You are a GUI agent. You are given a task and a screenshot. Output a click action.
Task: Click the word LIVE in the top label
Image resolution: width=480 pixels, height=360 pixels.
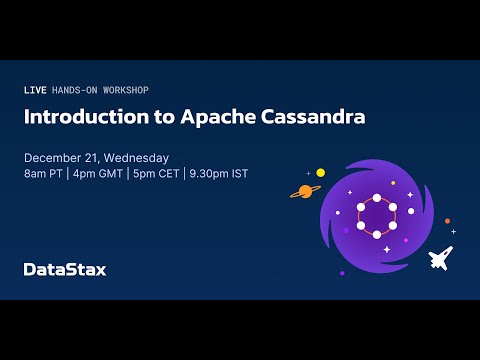coord(34,90)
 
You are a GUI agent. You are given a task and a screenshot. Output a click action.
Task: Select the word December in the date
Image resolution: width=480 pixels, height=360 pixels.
coord(54,158)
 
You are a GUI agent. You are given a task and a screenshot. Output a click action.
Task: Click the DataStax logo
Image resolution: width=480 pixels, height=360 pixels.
coord(65,268)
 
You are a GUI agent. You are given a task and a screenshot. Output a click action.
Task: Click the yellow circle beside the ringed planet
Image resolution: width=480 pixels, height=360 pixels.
coord(320,173)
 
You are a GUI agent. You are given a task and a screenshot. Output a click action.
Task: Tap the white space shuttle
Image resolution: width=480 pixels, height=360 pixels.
coord(440,258)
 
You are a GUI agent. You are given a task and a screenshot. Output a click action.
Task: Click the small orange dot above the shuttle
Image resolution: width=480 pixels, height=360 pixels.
coord(447,221)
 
